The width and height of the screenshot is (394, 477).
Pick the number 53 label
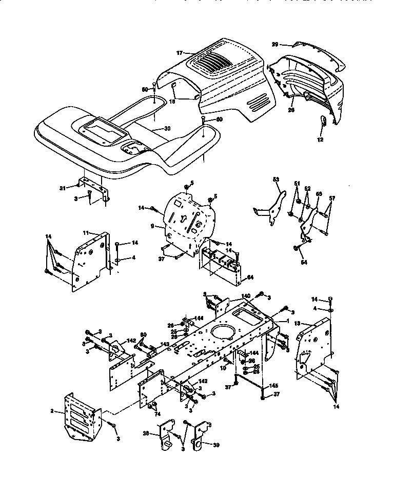pyautogui.click(x=276, y=180)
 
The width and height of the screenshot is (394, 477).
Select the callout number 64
pyautogui.click(x=250, y=277)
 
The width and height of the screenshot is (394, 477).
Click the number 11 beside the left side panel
pyautogui.click(x=86, y=233)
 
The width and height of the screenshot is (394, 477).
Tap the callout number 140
pyautogui.click(x=245, y=296)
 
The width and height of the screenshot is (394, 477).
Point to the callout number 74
pyautogui.click(x=157, y=414)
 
